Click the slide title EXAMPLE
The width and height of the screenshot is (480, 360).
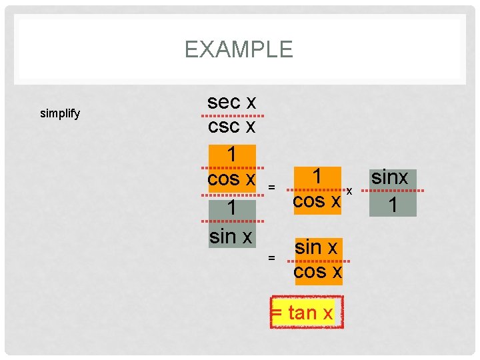tap(239, 49)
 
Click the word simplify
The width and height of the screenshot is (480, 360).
tap(60, 113)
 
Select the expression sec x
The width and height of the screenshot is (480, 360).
tap(231, 102)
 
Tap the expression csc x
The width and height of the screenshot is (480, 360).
tap(231, 126)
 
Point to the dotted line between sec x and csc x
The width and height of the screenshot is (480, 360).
tap(231, 115)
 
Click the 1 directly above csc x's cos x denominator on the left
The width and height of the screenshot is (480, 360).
tap(231, 154)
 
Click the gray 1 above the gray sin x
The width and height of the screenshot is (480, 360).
tap(231, 209)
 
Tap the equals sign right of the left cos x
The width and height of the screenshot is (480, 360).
tap(271, 188)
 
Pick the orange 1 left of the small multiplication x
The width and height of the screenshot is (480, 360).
tap(318, 177)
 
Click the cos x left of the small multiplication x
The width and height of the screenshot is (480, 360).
tap(317, 200)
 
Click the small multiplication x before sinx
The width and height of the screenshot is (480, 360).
tap(349, 191)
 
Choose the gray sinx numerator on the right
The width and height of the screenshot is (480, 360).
tap(393, 178)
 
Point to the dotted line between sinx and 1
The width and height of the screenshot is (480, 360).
tap(393, 191)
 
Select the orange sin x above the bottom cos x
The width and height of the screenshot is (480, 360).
tap(317, 247)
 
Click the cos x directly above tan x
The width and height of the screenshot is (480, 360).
tap(317, 271)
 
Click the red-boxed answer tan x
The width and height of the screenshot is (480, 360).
tap(307, 312)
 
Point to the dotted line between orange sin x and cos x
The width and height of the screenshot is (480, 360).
tap(317, 260)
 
